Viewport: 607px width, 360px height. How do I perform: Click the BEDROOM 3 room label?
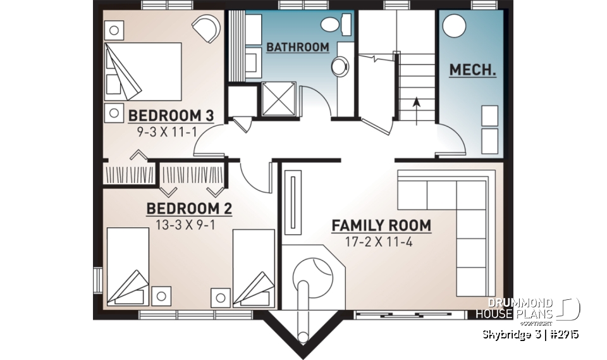coord(171,116)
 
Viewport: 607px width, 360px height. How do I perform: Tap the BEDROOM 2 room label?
coord(189,209)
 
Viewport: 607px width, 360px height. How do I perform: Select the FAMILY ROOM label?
coord(381,225)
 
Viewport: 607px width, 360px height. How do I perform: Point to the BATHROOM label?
coord(297,47)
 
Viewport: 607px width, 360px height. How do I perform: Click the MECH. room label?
coord(472,70)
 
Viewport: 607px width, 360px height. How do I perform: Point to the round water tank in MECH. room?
coord(455,27)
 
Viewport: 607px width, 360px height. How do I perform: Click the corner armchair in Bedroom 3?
coord(205,28)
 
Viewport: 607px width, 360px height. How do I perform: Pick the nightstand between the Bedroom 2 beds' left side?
coord(161,295)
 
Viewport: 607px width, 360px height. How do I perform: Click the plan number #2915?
coord(562,335)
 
